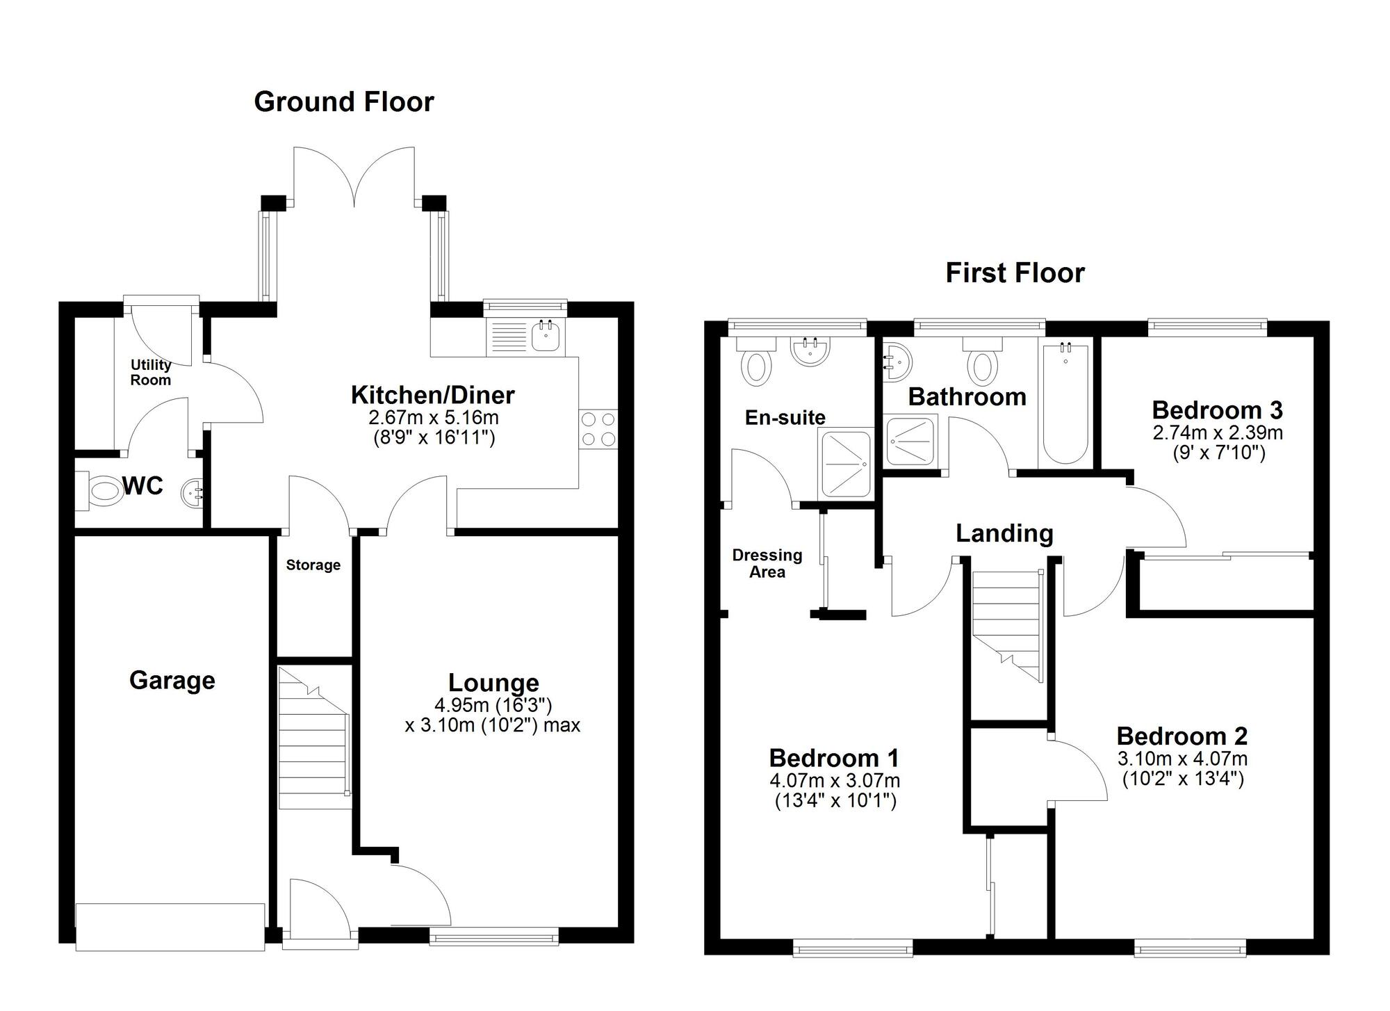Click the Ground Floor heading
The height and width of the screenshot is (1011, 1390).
pos(344,102)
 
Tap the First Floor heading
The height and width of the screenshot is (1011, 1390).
pos(1015,273)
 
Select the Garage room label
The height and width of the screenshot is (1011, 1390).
pos(172,680)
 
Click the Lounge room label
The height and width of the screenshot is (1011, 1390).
pos(493,684)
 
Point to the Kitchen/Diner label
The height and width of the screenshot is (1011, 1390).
pos(432,395)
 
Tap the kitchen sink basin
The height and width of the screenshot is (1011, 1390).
pos(546,335)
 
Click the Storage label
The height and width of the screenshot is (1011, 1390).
pos(313,565)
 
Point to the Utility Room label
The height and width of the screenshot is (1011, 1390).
pos(151,372)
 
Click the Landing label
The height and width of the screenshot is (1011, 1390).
pos(1004,533)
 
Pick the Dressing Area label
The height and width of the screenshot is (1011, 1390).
pos(767,563)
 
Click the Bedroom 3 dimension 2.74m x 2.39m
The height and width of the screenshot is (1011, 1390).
pos(1218,432)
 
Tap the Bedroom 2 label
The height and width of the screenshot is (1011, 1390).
pos(1182,736)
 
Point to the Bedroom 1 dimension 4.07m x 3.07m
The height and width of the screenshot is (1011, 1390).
pos(835,781)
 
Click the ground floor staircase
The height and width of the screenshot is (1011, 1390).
pos(313,738)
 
